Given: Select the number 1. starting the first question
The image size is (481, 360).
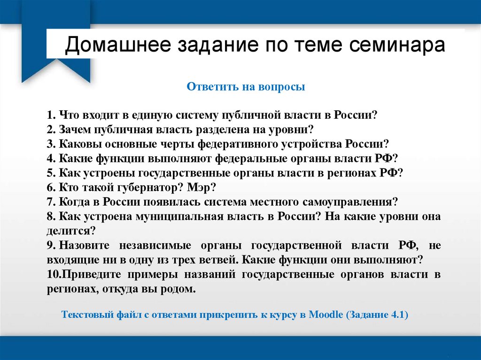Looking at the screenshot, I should pos(51,115).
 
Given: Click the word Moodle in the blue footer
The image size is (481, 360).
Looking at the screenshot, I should pos(326,315).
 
